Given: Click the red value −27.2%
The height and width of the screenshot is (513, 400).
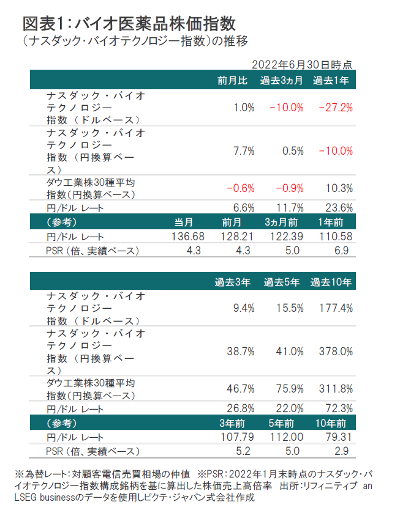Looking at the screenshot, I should pos(335,108).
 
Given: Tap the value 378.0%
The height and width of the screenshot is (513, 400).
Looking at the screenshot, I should pos(336,352).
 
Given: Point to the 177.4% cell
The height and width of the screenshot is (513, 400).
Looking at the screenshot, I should pos(336,308).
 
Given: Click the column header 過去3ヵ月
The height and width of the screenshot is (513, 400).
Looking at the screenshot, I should pos(281,80).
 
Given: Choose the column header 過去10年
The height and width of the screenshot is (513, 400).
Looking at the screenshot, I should pos(331,282).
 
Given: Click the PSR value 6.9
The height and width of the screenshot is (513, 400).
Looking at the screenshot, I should pos(342,251).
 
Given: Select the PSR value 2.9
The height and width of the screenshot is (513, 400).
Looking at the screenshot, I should pos(342,452).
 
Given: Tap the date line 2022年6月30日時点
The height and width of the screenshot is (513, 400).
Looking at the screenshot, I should pos(301,64).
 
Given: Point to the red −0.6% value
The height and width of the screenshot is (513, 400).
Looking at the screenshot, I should pos(240,188).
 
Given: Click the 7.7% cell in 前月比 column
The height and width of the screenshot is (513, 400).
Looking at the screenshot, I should pos(244,151).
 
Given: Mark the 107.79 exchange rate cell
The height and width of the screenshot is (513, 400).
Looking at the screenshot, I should pos(235,438).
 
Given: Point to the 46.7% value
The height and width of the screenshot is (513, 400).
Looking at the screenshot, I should pos(240,389).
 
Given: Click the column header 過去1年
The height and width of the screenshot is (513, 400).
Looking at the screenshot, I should pos(331,80).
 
